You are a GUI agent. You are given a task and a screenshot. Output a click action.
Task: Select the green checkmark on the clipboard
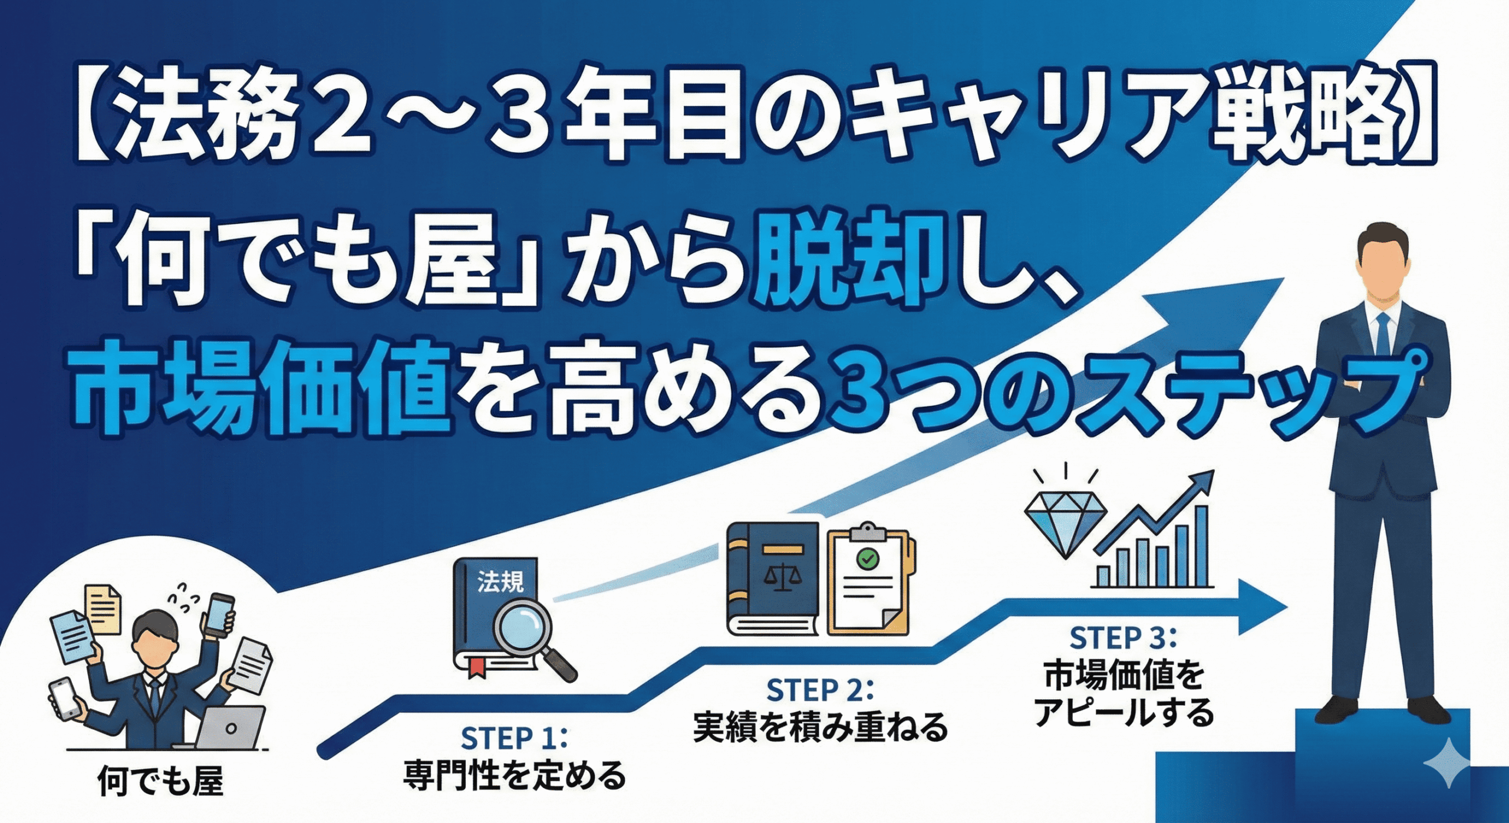(867, 558)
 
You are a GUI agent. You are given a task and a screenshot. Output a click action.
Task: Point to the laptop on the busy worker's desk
(229, 727)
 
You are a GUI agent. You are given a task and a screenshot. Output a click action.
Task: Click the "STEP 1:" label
(513, 738)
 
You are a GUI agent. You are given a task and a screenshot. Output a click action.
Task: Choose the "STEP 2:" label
(819, 690)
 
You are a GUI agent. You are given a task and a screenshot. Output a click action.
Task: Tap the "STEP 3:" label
(1123, 638)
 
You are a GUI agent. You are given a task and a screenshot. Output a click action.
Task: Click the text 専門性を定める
(514, 776)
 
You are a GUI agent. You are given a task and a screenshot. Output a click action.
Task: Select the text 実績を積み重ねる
(820, 728)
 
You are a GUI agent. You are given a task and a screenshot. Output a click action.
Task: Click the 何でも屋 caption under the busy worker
(160, 781)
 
